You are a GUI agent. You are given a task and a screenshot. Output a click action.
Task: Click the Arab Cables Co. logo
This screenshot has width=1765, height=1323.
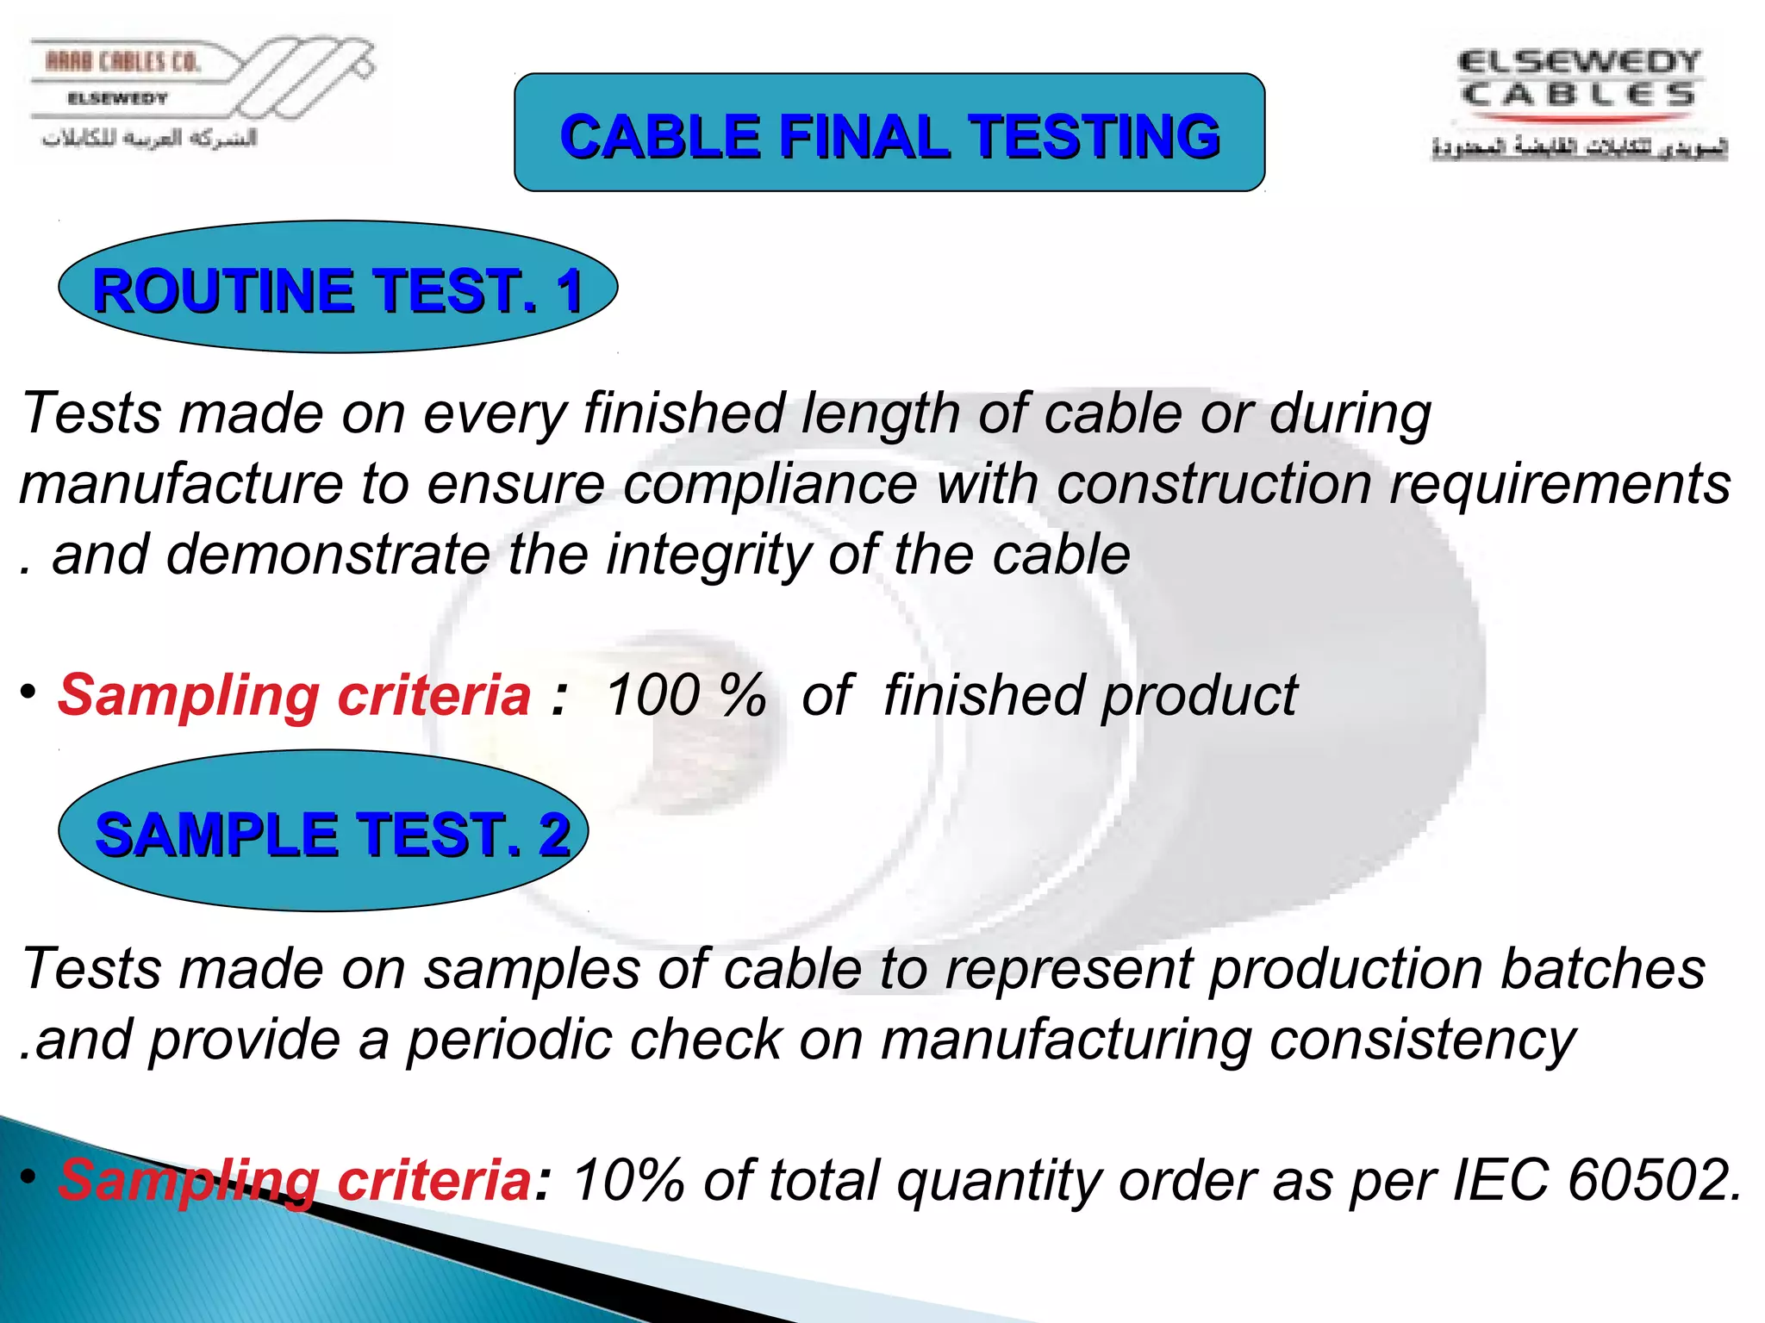coord(198,96)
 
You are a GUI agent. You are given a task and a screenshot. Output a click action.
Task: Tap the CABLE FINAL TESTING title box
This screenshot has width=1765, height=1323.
coord(889,132)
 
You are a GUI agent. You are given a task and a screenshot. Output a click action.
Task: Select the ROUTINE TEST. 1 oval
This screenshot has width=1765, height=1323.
coord(338,288)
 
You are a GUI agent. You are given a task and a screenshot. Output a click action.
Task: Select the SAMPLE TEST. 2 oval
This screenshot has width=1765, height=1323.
coord(323,831)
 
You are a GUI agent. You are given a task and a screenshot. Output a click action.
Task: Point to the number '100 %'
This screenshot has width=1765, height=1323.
coord(685,695)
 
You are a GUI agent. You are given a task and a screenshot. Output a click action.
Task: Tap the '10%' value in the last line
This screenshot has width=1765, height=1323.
coord(628,1179)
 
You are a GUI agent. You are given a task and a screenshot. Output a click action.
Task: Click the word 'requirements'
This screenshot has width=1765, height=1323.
coord(1560,485)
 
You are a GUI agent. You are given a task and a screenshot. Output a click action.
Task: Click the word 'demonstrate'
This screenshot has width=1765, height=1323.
coord(328,554)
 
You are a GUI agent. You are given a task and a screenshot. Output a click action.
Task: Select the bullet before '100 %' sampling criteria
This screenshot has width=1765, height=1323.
coord(29,692)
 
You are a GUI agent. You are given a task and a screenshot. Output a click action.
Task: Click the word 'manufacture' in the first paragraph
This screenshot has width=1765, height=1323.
coord(181,485)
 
